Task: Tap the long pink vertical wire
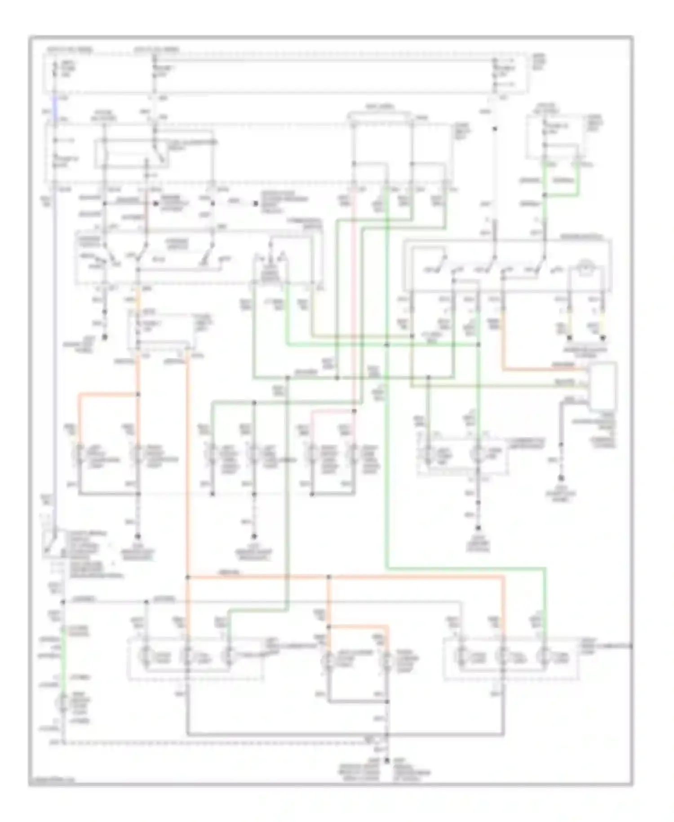354,292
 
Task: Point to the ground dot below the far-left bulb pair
138,536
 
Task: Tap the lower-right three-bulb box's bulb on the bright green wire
545,657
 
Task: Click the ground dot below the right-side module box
561,478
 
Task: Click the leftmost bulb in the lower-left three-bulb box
145,657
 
